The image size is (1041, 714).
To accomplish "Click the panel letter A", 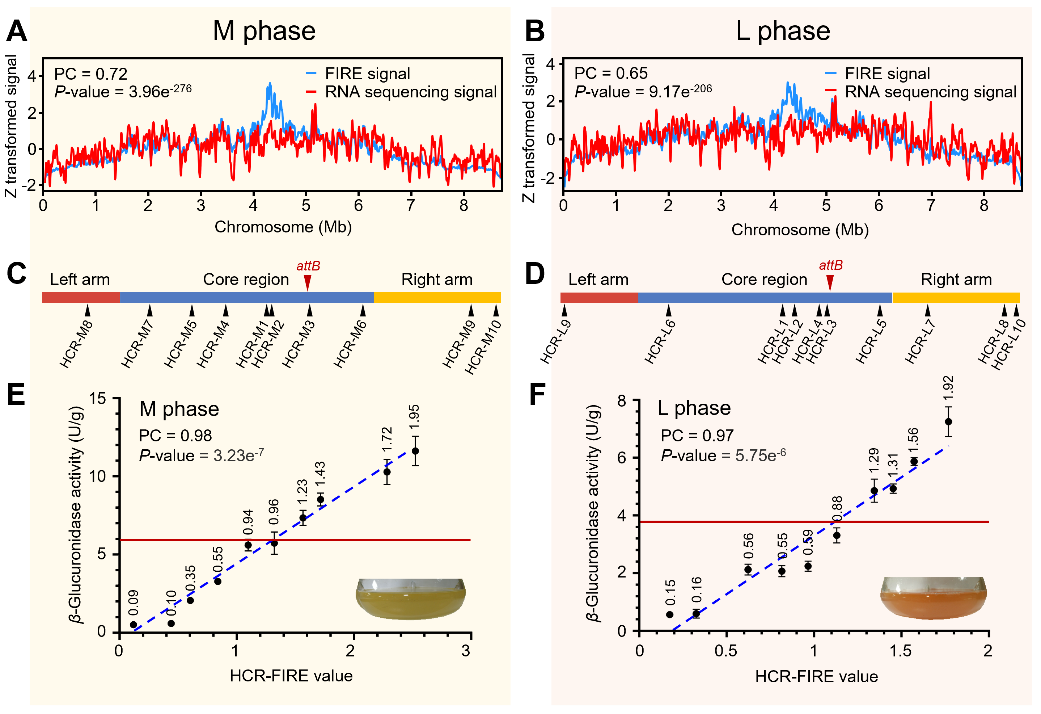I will click(x=17, y=31).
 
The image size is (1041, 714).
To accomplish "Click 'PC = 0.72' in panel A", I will click(x=90, y=73).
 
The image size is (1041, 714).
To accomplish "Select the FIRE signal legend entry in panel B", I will click(x=878, y=73).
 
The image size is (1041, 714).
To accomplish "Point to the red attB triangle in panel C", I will click(x=307, y=282).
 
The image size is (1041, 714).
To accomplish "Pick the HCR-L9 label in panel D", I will click(x=555, y=341).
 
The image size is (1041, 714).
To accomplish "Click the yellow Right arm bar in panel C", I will click(x=437, y=297).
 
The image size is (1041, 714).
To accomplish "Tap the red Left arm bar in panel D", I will click(x=599, y=297).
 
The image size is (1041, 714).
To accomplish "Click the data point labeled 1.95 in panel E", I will click(x=415, y=450).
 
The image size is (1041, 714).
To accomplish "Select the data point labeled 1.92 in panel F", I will click(x=948, y=422).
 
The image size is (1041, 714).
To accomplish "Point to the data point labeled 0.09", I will click(x=134, y=624).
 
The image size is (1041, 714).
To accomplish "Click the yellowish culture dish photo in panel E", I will click(x=410, y=598).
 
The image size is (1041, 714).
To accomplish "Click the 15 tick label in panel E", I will click(x=97, y=399).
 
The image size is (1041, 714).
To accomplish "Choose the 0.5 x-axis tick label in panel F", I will click(x=725, y=650).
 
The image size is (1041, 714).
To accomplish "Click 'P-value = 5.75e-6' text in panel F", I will click(x=723, y=455).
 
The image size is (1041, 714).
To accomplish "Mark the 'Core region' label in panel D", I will click(x=764, y=279).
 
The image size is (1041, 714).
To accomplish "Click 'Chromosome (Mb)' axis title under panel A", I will click(x=283, y=227).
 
